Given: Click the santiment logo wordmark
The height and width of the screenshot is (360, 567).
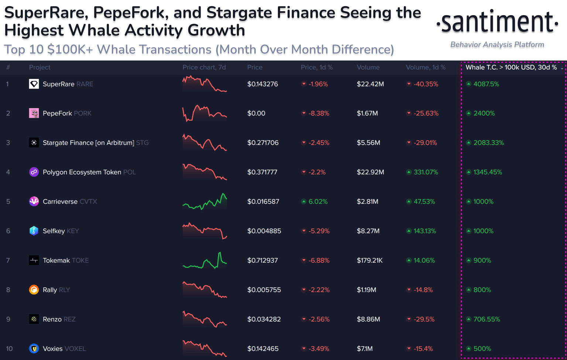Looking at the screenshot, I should [x=497, y=22].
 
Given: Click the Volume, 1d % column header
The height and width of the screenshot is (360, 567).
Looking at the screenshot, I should [x=426, y=67].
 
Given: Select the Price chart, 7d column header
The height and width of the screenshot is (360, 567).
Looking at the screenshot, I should [x=204, y=67].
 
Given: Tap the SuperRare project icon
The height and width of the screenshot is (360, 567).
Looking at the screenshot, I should [x=34, y=84].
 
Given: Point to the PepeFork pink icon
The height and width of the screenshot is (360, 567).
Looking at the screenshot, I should [x=34, y=113].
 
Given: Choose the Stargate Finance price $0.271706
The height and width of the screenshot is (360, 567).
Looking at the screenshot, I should [x=263, y=143].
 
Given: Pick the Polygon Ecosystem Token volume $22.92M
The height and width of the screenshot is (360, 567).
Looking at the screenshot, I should [x=370, y=172].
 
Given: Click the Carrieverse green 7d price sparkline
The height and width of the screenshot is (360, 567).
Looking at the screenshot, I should [x=205, y=202].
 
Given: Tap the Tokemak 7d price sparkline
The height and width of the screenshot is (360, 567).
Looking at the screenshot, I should [x=205, y=261].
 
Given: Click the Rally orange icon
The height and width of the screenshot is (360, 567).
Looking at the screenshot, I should [x=34, y=290].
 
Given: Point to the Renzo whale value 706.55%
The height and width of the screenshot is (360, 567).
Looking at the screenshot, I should [x=487, y=319].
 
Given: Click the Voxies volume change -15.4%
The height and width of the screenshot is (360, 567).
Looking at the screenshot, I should [x=423, y=349].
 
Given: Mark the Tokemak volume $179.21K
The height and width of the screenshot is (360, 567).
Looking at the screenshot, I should [x=370, y=260].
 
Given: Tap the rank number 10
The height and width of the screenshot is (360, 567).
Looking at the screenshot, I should [x=9, y=349].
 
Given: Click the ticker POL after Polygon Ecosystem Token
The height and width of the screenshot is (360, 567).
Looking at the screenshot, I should [x=130, y=172].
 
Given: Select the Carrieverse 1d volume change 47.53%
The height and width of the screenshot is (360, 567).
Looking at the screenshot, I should [x=424, y=202].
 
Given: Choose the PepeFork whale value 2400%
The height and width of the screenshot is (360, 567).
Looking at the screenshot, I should [x=484, y=113].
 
